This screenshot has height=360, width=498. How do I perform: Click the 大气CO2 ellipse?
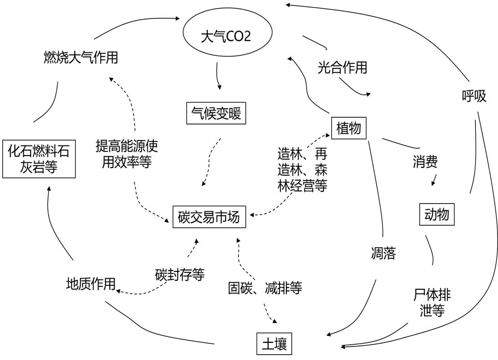pos(225,36)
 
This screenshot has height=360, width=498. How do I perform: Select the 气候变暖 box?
pos(216,113)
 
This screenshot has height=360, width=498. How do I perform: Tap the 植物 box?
pos(348,128)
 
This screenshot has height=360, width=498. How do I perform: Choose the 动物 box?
pos(436,214)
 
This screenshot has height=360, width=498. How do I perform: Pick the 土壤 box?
pos(274,345)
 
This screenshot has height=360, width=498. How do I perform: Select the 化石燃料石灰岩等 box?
pos(39,159)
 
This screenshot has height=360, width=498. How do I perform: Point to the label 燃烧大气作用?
pos(81,58)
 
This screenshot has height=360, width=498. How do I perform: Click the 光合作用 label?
pos(342,67)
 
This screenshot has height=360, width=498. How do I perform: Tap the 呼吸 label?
pos(474,96)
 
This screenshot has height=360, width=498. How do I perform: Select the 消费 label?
pos(425,162)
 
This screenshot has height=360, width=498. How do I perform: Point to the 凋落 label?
pos(383,253)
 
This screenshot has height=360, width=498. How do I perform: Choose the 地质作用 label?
pos(90,284)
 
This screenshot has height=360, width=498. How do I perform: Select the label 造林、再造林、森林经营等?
pos(302,169)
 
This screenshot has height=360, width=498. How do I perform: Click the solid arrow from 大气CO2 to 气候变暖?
pos(218,76)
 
